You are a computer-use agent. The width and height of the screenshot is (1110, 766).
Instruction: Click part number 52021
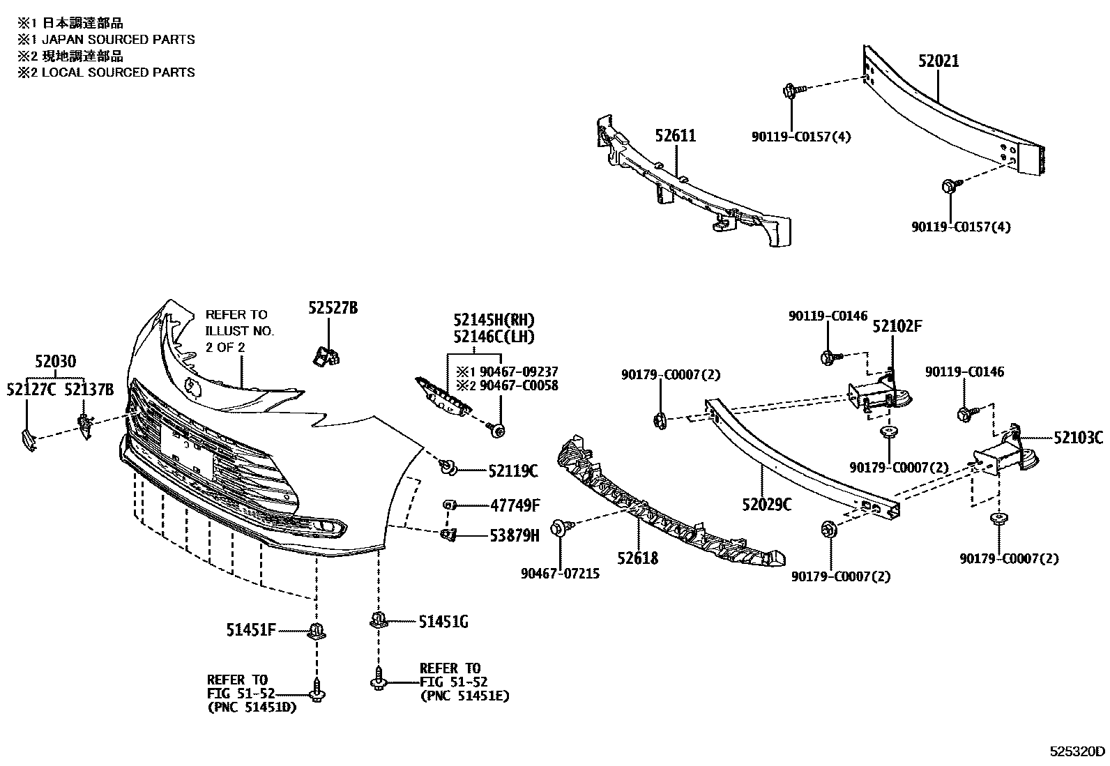tap(938, 61)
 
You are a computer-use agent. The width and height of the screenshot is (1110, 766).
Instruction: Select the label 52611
tap(675, 135)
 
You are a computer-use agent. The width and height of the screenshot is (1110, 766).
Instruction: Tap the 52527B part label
tap(333, 308)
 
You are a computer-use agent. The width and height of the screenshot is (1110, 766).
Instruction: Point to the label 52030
tap(56, 362)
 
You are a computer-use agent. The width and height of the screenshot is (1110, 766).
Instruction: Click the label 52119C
tap(513, 472)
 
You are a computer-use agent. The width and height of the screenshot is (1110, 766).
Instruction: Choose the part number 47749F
tap(515, 505)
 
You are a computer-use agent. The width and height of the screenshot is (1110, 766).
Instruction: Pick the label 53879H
tap(515, 535)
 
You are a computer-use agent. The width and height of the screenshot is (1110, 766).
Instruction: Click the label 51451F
tap(250, 630)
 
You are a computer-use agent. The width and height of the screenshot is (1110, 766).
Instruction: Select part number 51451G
tap(443, 622)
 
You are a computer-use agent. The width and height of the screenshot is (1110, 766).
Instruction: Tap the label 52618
tap(637, 558)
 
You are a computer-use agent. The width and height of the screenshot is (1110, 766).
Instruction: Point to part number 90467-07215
tap(559, 574)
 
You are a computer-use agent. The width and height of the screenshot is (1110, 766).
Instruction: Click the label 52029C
tap(766, 505)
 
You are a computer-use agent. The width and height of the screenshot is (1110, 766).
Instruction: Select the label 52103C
tap(1078, 438)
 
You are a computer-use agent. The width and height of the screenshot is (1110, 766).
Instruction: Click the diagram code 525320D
tap(1078, 751)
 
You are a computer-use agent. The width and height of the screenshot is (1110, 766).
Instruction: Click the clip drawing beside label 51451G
tap(378, 620)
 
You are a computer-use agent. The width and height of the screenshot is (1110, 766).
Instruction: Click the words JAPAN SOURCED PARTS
tap(119, 40)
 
